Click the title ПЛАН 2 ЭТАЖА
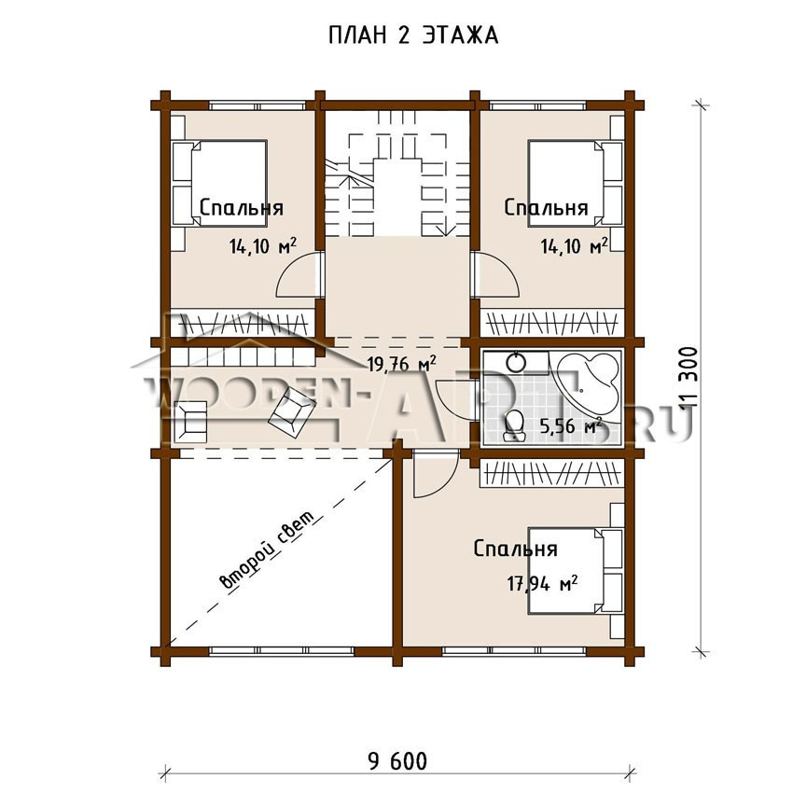coord(413,35)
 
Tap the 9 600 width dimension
coord(397,761)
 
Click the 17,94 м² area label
coord(542,584)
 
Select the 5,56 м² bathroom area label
coord(571,425)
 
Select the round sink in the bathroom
coord(516,362)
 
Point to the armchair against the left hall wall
coord(190,422)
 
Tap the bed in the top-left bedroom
coord(220,183)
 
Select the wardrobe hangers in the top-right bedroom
coord(552,323)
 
